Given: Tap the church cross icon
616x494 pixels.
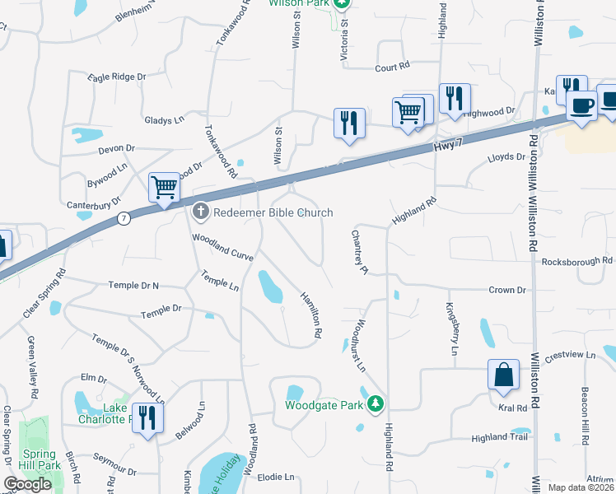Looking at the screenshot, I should coord(200,212).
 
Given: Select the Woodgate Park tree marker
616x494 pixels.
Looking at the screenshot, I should coord(376,403).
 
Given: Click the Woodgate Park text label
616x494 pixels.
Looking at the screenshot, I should coord(324,405).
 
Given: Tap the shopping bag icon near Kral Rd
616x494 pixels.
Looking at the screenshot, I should coord(503,375).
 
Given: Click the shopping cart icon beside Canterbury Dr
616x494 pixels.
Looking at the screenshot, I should coord(164,189).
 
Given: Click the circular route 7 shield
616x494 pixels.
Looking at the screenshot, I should coord(124,218).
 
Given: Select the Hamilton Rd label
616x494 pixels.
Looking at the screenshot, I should coord(310,316).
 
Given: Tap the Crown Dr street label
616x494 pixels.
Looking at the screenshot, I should coord(506,290).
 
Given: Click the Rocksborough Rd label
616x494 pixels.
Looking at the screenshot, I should coord(577,261).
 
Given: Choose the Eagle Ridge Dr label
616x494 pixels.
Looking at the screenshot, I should coord(117,77).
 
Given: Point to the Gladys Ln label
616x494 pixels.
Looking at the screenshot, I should coord(164,120).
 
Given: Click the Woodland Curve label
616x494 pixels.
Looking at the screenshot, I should coord(222,246).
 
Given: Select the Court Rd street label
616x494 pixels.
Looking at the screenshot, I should coord(392,68).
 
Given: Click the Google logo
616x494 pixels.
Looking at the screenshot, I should coord(27,484).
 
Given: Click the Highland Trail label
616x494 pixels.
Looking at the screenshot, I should coord(498,438).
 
